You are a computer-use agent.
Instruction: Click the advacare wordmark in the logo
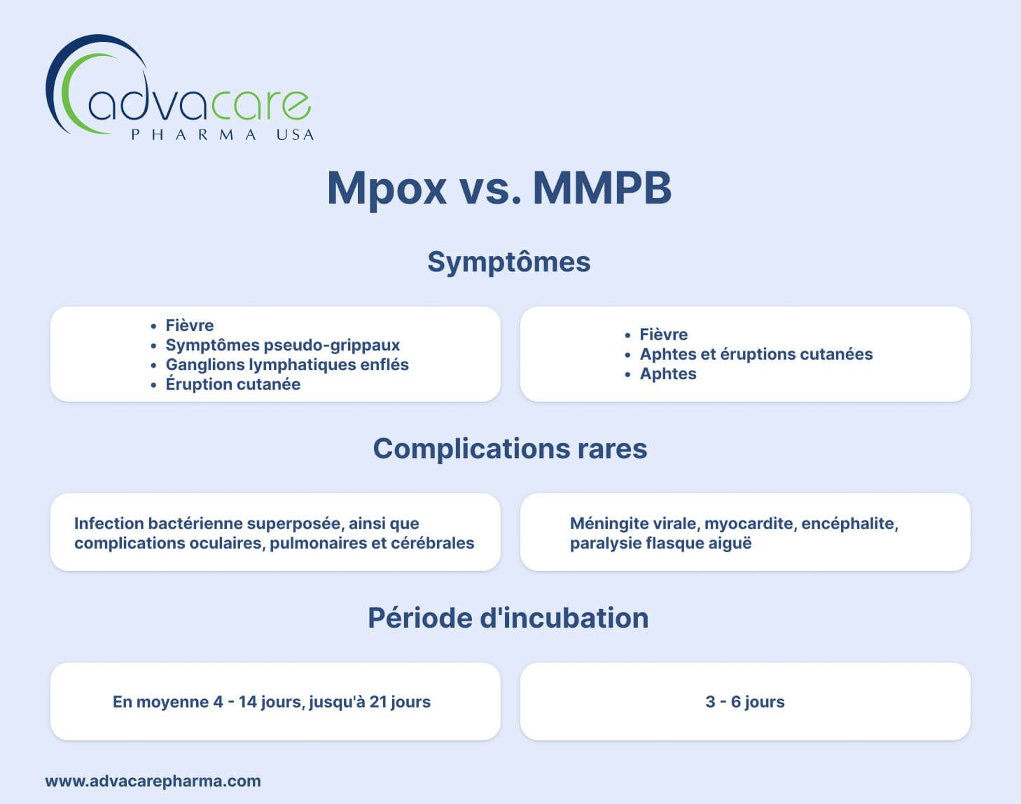[199, 104]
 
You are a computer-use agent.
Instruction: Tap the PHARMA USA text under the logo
[223, 134]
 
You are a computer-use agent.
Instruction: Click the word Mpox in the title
[387, 188]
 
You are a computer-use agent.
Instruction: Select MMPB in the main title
[602, 188]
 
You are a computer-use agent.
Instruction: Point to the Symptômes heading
[509, 262]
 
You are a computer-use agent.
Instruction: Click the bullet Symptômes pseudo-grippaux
[282, 345]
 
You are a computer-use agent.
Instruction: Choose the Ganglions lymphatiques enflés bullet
[286, 365]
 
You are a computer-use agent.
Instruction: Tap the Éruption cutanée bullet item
[232, 384]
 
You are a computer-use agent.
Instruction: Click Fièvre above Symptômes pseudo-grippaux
[189, 325]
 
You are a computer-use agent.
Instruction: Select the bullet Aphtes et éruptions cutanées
[756, 354]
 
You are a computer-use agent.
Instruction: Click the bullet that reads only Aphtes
[667, 374]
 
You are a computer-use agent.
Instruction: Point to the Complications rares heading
[510, 449]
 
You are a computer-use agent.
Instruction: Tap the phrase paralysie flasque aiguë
[660, 543]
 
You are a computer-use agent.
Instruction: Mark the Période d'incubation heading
[508, 618]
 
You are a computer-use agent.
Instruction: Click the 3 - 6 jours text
[745, 702]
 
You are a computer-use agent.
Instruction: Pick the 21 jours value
[400, 702]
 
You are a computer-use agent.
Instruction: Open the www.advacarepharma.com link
[153, 781]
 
